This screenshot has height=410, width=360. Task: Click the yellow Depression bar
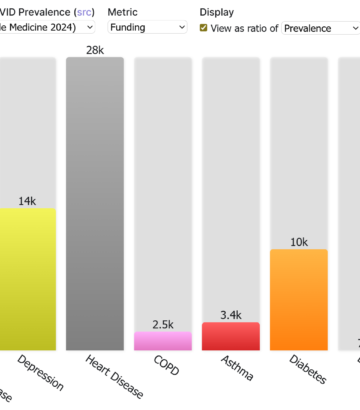[28, 279]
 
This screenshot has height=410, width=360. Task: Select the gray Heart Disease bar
[95, 204]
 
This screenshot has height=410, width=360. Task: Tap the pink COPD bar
[163, 341]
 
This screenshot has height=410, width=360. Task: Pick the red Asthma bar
[231, 336]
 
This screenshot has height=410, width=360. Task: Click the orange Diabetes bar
[299, 299]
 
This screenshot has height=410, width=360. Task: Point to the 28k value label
[95, 49]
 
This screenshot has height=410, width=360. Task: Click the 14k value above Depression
[27, 200]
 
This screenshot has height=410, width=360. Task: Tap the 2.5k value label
[163, 324]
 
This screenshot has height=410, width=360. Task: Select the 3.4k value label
[231, 314]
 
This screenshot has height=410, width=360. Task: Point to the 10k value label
[299, 241]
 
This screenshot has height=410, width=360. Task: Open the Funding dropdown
[148, 28]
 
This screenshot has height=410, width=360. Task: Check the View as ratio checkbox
[204, 28]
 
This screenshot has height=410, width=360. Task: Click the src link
[76, 11]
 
